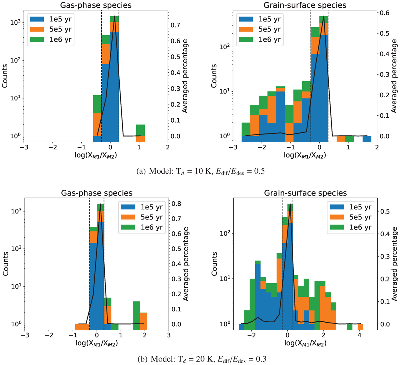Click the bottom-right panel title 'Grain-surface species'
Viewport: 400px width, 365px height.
point(305,193)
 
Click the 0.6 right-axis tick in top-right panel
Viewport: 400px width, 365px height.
point(384,13)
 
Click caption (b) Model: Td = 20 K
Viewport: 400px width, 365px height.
point(200,359)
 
